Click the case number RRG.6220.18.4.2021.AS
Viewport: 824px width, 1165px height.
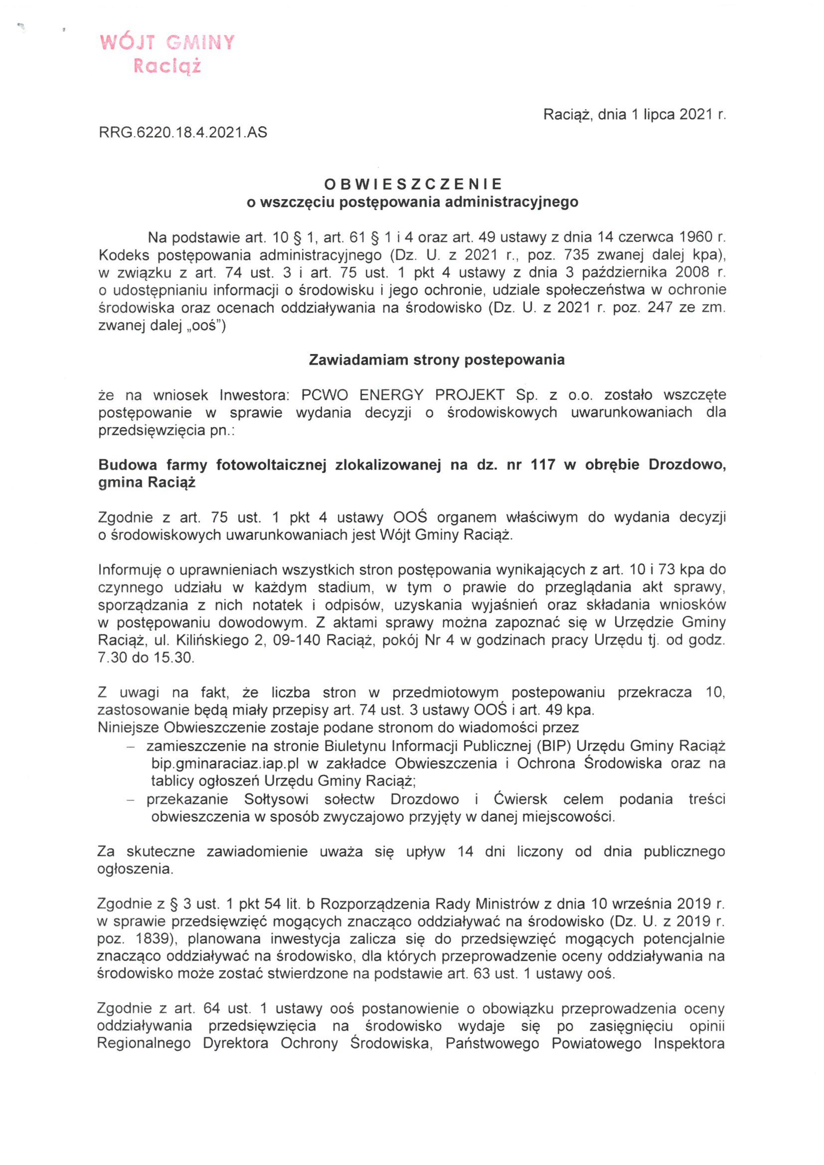183,133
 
